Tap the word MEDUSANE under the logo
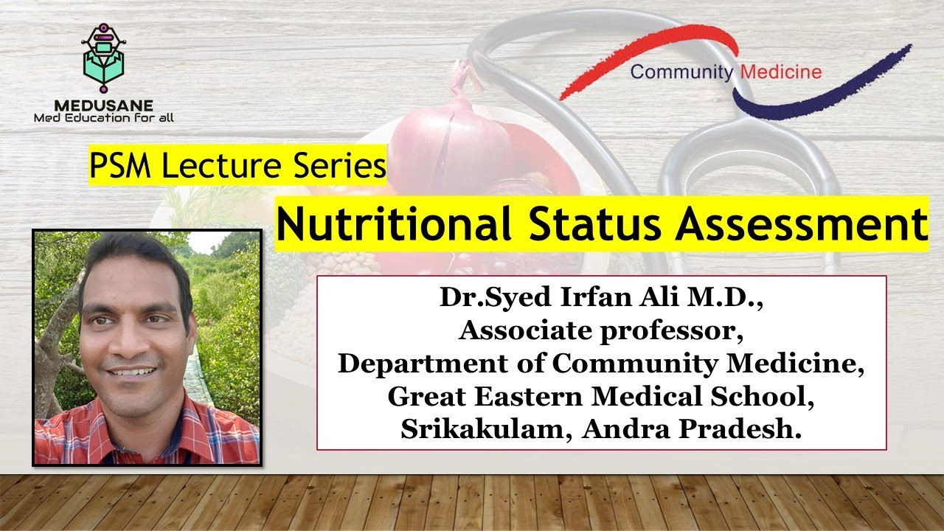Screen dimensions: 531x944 103,106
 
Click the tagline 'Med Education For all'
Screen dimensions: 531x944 104,117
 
